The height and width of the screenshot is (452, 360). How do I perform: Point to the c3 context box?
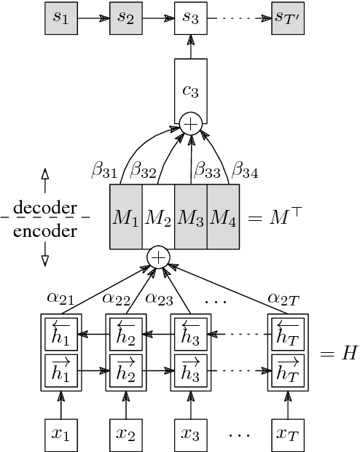pos(190,92)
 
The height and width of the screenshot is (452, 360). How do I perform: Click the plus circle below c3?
pos(190,124)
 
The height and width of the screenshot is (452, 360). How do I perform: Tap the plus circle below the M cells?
pos(158,257)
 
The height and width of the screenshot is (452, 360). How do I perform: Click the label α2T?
pos(283,297)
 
